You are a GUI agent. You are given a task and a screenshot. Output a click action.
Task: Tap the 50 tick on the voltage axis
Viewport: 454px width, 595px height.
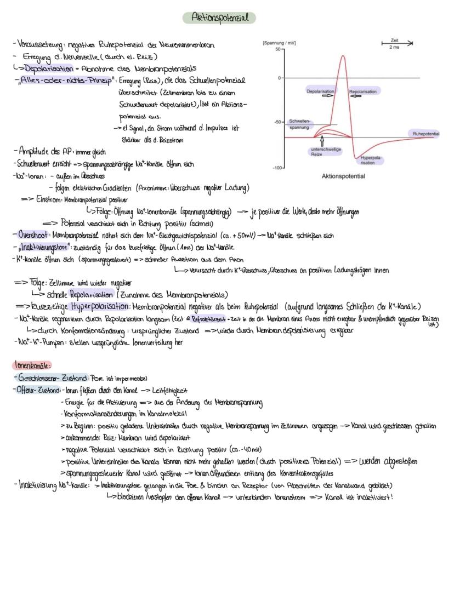280,49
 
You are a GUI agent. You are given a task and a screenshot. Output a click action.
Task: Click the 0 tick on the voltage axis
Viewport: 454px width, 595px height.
280,78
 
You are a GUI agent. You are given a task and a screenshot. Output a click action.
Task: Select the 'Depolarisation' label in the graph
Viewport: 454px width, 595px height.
320,91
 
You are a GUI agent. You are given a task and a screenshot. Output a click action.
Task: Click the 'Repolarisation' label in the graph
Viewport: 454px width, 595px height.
362,91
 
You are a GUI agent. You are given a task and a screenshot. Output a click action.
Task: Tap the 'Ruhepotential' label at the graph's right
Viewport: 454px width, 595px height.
427,133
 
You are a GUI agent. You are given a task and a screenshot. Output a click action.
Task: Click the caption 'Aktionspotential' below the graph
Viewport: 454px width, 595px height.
343,176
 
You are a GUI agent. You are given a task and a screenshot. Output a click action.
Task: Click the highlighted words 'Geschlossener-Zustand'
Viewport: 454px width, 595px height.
52,378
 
